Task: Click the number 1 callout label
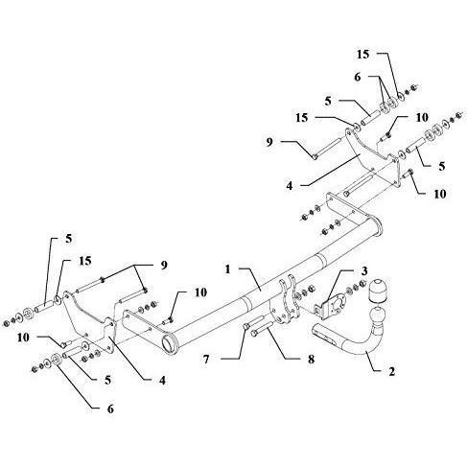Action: pos(227,269)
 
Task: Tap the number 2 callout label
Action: pos(392,371)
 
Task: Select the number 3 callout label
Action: pos(364,270)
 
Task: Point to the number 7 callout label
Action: pos(206,360)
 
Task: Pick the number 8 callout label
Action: pos(311,360)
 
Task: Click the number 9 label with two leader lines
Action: pos(164,265)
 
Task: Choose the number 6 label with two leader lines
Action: pos(357,77)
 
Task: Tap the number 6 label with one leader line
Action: pos(110,409)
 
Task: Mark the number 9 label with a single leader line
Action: pos(269,142)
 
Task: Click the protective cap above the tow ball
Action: pos(377,291)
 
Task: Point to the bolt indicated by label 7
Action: pos(254,322)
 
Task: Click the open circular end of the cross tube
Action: pos(170,344)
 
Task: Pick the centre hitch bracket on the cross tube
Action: pos(286,300)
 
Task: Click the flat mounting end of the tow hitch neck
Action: pos(324,336)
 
